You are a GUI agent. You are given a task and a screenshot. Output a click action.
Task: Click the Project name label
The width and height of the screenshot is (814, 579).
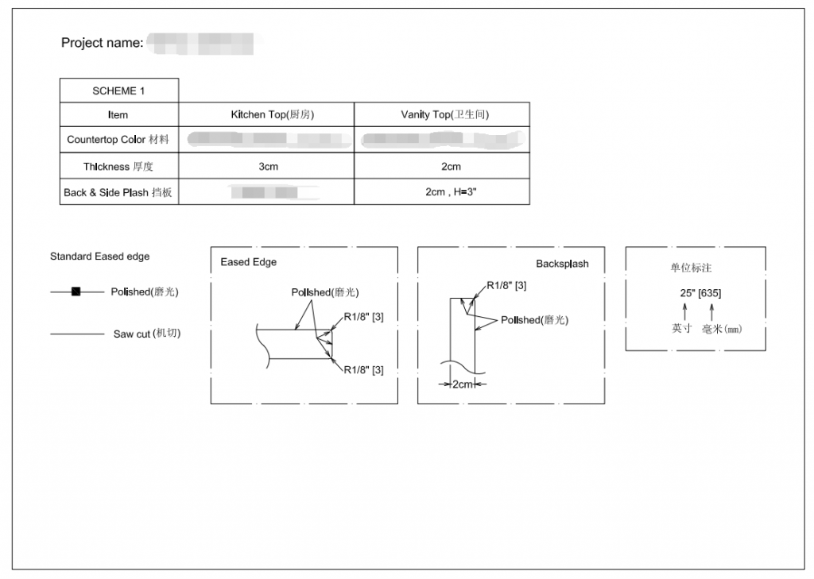tap(102, 43)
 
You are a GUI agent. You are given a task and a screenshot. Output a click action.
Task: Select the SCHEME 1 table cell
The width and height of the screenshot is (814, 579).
tap(118, 91)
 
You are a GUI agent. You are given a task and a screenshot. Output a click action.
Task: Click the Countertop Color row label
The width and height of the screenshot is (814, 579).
tap(118, 140)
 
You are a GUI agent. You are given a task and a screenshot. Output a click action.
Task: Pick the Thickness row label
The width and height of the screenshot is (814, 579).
tap(118, 167)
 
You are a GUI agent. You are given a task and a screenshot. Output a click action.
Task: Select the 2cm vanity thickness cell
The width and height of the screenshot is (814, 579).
tap(451, 167)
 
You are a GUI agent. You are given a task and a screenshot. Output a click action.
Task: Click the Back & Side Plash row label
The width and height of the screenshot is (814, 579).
tap(118, 192)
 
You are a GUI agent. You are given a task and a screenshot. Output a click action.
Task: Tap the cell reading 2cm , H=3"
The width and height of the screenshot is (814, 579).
tap(451, 192)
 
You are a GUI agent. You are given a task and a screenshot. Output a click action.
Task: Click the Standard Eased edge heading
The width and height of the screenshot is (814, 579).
tap(99, 257)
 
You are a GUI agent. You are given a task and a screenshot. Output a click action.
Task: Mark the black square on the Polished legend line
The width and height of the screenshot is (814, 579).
tap(76, 292)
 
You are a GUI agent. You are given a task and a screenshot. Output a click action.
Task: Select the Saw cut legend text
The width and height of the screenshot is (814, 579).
tap(147, 334)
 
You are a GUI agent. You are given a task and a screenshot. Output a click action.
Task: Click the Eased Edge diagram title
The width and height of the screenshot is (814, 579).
tap(249, 262)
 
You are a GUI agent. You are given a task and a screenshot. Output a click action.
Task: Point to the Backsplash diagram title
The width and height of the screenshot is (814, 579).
tap(562, 264)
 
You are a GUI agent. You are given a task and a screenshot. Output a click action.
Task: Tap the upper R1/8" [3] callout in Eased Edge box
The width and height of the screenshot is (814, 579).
tap(364, 318)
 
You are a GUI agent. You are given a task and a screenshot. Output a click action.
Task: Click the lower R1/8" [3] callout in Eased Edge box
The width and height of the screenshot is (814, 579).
tap(364, 370)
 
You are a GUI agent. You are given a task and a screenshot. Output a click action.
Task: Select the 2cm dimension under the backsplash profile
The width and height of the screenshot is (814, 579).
tap(463, 384)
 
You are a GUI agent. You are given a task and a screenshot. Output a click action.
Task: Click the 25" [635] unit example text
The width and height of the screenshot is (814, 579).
tap(700, 293)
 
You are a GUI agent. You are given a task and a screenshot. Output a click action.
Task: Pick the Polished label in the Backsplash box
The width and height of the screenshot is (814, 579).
tap(534, 320)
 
